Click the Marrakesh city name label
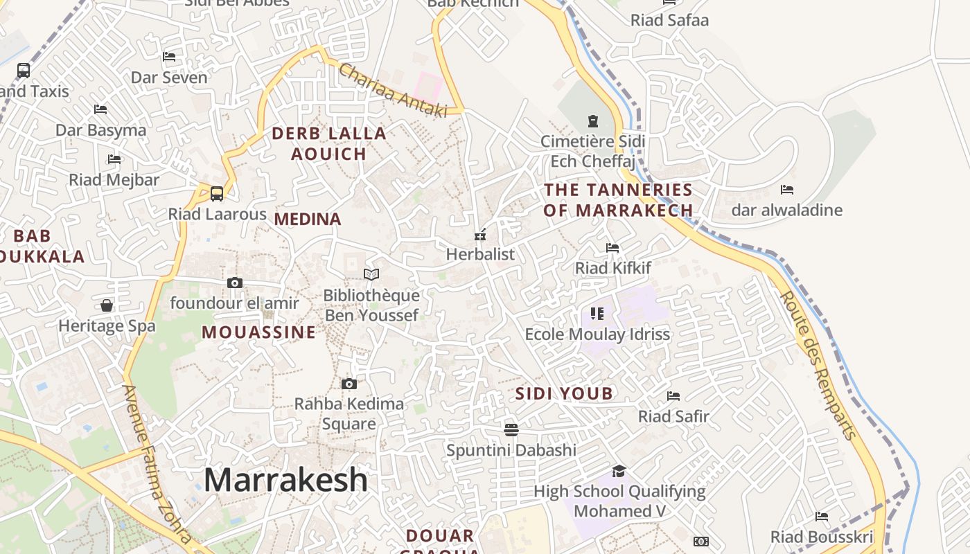285,480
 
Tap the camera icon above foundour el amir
235,283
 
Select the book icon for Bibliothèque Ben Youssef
371,275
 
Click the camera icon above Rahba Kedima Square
349,384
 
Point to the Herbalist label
480,254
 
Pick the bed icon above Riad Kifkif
612,247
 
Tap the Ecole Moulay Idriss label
597,334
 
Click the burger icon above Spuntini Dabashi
511,430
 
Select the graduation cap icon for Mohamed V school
619,472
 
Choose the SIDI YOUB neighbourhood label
564,394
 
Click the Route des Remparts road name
818,365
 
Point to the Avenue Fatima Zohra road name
157,464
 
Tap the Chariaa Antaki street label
393,90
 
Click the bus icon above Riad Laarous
217,194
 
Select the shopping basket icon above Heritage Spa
107,305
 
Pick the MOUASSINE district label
258,332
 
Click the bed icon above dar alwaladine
787,189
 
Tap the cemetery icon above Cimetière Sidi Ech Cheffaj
592,122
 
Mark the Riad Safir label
673,416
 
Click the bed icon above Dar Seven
169,57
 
